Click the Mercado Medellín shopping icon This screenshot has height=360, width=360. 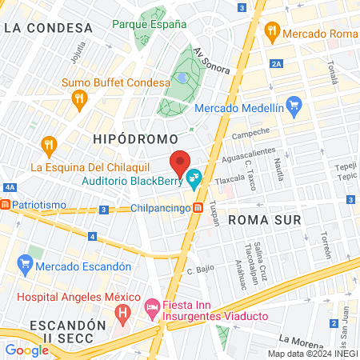click(x=294, y=104)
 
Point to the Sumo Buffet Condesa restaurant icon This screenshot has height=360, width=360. click(x=78, y=99)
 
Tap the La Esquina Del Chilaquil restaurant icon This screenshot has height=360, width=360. click(x=49, y=145)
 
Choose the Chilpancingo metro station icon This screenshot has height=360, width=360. click(x=197, y=209)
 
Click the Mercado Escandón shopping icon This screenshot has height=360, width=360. click(x=26, y=262)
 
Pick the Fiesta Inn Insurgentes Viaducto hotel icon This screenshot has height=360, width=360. click(x=151, y=306)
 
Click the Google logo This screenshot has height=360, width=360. click(x=27, y=350)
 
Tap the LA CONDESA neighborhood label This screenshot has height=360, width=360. click(x=47, y=27)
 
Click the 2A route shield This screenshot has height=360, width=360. click(x=277, y=63)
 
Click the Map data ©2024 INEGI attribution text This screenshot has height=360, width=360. click(x=310, y=354)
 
